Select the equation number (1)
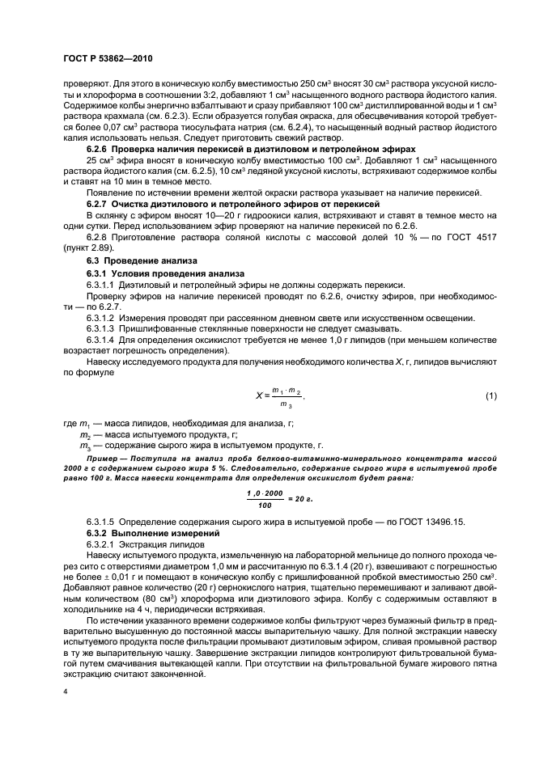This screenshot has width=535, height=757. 490,395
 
